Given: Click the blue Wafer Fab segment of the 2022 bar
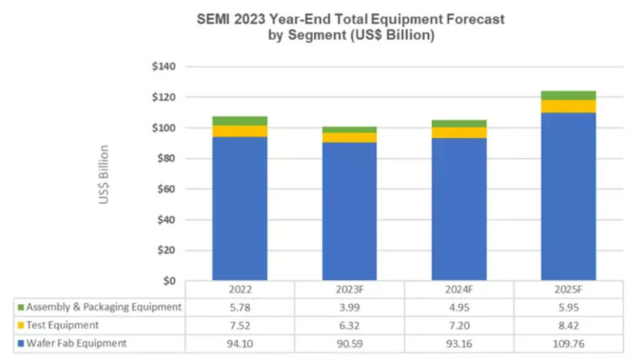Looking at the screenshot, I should click(x=240, y=208).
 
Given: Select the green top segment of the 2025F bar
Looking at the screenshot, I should click(x=569, y=95).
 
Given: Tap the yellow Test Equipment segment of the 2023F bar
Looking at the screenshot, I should click(x=349, y=137).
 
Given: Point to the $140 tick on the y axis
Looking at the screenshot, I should click(x=164, y=66).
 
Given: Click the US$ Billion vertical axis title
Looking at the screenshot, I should click(x=105, y=174).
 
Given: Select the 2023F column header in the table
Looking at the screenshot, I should click(x=349, y=289).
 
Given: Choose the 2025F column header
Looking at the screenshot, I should click(x=569, y=289).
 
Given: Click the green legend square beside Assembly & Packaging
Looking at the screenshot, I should click(x=20, y=307).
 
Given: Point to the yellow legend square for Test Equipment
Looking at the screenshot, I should click(x=20, y=326).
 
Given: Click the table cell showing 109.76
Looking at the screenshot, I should click(x=569, y=344).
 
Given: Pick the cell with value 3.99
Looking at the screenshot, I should click(x=349, y=307).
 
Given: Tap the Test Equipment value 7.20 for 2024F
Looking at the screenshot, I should click(x=459, y=326).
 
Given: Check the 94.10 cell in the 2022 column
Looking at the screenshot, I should click(x=240, y=344).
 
